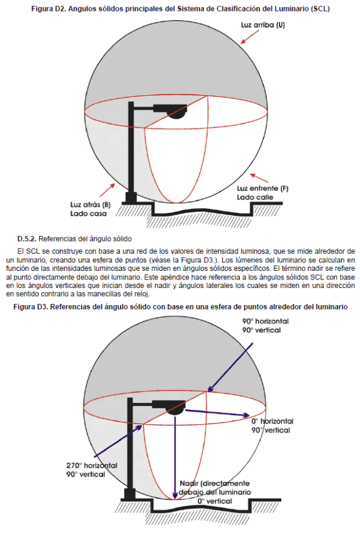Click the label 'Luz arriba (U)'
point(263,25)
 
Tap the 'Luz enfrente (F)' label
point(262,189)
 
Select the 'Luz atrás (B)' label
point(90,204)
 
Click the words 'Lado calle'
point(254,197)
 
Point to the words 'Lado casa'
point(88,214)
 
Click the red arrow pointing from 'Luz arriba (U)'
point(250,37)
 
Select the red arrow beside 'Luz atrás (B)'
point(107,190)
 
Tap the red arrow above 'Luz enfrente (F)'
point(259,178)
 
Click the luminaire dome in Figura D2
point(176,115)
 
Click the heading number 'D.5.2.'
point(27,239)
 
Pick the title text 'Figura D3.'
point(31,307)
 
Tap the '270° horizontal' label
point(92,466)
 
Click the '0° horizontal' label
point(272,421)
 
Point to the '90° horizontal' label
point(265,322)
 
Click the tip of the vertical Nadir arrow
point(175,499)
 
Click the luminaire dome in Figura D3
point(176,411)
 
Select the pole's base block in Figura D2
point(131,198)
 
